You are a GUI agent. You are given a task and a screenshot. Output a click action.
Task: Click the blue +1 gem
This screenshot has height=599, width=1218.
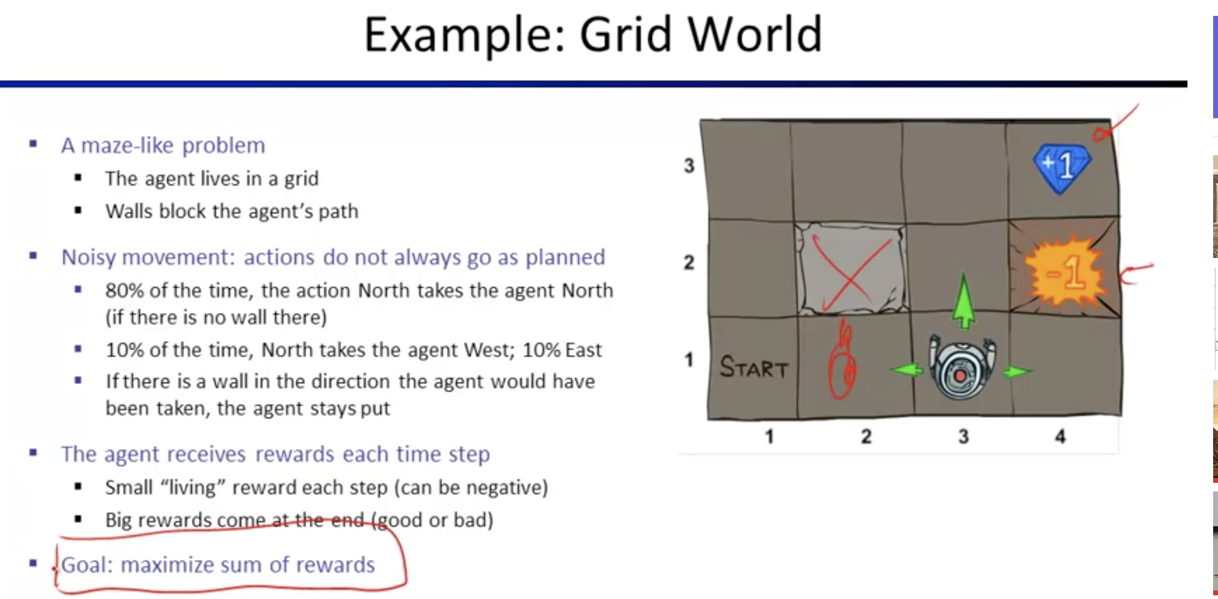[1062, 167]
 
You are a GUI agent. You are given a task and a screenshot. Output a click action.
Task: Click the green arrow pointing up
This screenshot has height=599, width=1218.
[963, 300]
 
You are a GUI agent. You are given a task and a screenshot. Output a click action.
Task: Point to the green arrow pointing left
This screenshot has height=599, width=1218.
[906, 370]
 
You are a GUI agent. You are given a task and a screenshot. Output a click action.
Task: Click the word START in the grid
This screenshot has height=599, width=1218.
[754, 367]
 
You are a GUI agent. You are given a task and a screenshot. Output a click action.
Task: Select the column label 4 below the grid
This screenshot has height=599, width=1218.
[1060, 436]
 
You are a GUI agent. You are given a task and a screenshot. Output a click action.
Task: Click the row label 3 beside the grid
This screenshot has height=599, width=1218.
[689, 165]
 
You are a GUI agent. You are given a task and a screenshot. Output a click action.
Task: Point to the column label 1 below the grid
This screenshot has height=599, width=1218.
[769, 436]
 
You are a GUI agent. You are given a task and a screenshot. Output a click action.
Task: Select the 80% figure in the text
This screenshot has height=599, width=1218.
[125, 290]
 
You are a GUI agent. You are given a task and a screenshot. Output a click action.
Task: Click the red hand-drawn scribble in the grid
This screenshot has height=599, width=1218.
[842, 361]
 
